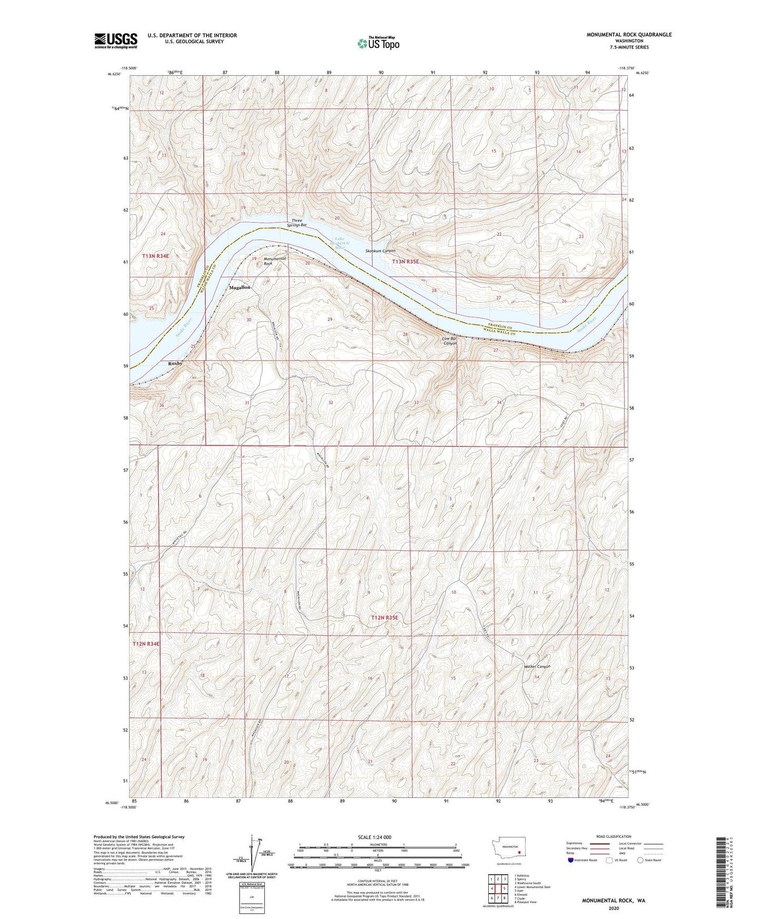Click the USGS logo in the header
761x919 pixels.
[x=115, y=41]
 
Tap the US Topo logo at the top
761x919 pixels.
[x=378, y=43]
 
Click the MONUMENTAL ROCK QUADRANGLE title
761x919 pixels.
[x=629, y=35]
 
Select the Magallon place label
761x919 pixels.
[x=240, y=288]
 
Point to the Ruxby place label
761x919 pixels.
[x=175, y=363]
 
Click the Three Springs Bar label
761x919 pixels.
[x=298, y=223]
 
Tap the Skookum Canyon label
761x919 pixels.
[x=380, y=251]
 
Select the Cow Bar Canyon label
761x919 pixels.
[x=449, y=341]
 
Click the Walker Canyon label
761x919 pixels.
[x=537, y=666]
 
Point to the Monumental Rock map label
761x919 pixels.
[x=275, y=261]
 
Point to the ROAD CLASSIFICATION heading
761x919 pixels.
[x=614, y=836]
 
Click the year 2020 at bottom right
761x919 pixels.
[x=614, y=908]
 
